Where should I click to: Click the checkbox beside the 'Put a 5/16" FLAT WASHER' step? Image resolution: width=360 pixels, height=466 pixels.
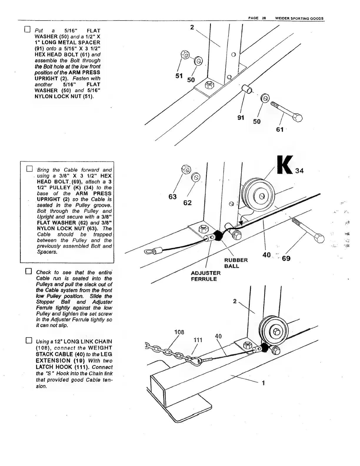click(27, 29)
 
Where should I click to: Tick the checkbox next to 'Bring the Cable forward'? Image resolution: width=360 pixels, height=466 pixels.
click(29, 169)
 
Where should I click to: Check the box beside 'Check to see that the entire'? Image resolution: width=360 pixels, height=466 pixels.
click(28, 271)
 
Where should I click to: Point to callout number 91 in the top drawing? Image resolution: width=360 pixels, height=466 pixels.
click(241, 118)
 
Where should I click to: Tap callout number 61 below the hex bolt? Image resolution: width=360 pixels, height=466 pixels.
click(280, 129)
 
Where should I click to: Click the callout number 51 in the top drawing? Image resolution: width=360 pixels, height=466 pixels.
click(179, 76)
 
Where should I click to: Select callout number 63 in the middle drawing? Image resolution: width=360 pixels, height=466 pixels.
click(172, 196)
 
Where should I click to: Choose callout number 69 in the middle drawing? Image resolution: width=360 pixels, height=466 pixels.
click(286, 258)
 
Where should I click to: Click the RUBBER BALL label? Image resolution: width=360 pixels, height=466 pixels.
click(236, 263)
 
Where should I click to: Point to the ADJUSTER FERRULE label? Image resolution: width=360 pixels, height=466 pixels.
click(205, 276)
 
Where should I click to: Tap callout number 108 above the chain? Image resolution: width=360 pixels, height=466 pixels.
click(179, 332)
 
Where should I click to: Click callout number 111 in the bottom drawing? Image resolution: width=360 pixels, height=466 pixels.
click(198, 340)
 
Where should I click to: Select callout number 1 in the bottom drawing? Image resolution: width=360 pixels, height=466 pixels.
click(263, 383)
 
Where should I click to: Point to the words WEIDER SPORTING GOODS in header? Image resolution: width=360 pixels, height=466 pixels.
click(299, 18)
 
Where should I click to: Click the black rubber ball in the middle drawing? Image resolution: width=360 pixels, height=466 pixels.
click(219, 235)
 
